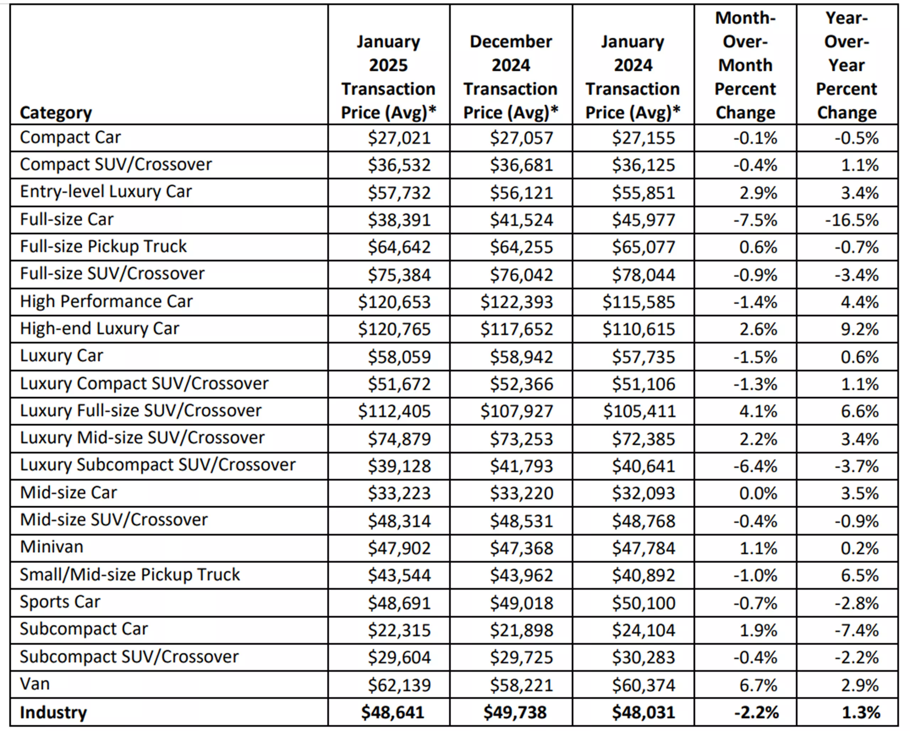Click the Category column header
pos(56,113)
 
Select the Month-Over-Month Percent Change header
pos(745,65)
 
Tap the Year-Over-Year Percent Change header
pos(846,65)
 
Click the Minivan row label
pos(52,547)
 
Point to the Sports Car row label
pos(60,602)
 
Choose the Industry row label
pos(53,712)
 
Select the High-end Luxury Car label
pos(100,329)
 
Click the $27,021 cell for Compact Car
pos(399,138)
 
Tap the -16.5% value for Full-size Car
pos(852,220)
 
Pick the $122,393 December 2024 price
pos(516,302)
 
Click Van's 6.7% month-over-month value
pos(758,685)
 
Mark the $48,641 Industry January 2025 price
pos(392,713)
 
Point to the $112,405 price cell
pos(394,411)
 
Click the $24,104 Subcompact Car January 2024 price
pos(644,630)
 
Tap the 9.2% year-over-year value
pos(860,329)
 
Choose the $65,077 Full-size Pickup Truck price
pos(644,247)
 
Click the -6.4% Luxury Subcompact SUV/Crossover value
pos(755,466)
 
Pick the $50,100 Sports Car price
pos(644,603)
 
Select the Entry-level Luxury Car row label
pos(106,192)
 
